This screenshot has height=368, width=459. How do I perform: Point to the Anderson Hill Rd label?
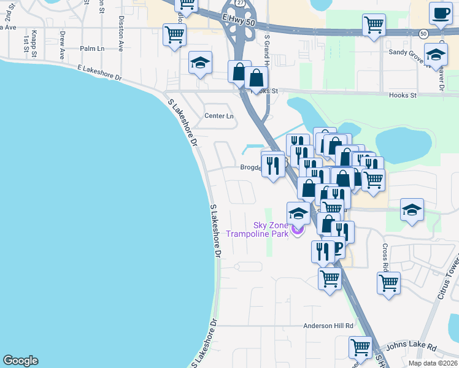(x=329, y=326)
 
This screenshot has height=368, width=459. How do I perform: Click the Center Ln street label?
(x=219, y=116)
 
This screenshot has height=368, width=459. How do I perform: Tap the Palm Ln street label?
(x=92, y=48)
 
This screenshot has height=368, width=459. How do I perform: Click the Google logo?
(x=20, y=361)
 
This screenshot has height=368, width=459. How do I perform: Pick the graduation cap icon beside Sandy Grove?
(x=436, y=56)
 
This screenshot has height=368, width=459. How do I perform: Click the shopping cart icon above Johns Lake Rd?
(x=360, y=347)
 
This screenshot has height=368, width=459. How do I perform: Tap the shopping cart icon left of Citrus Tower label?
(x=388, y=283)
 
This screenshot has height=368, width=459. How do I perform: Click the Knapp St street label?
(x=34, y=40)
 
